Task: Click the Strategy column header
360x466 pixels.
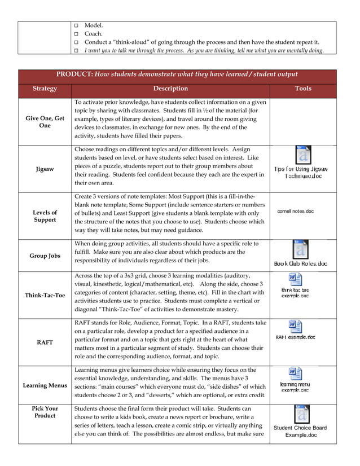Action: [45, 89]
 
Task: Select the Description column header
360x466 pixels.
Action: [170, 89]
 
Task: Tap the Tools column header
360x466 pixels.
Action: [303, 89]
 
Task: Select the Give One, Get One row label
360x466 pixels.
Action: [45, 122]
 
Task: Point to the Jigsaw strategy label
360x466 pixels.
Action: [45, 169]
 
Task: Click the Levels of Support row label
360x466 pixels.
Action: [45, 216]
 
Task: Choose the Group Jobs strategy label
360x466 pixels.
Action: [45, 256]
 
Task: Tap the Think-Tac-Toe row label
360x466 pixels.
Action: [45, 296]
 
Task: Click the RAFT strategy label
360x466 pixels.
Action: [45, 342]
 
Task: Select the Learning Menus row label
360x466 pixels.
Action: [45, 385]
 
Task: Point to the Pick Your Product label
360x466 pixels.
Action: [45, 412]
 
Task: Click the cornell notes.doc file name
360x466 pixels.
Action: [295, 212]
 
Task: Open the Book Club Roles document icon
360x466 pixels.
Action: [301, 249]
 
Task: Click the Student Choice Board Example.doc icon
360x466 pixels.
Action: [301, 415]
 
